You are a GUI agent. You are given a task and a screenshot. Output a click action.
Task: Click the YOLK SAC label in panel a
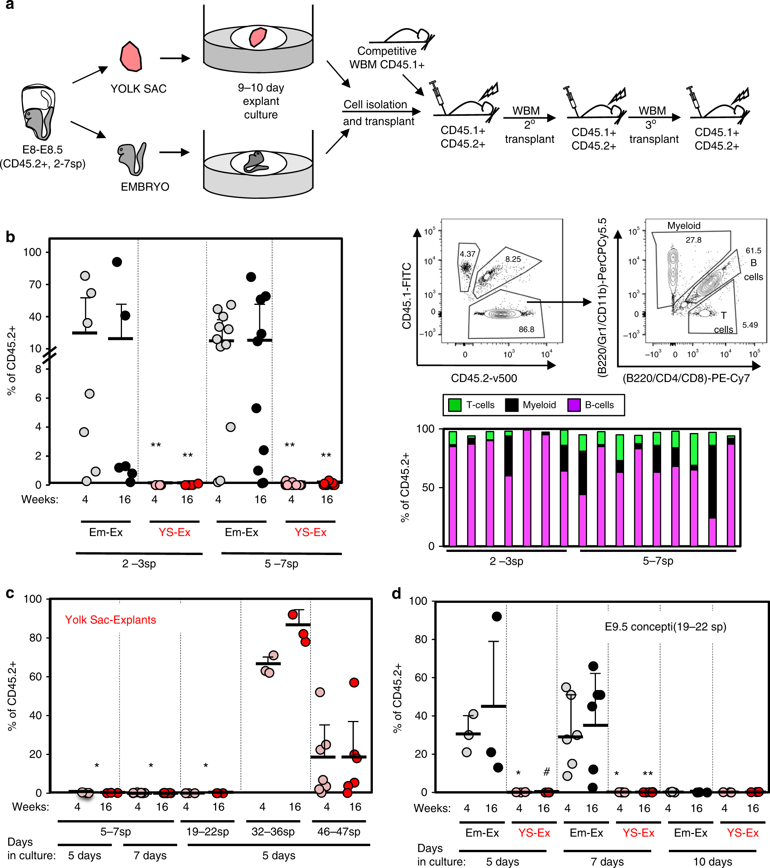tap(139, 89)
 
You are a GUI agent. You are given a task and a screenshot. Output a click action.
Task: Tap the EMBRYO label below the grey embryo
tap(145, 187)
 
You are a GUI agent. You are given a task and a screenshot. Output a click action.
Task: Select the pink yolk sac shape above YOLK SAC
tap(130, 56)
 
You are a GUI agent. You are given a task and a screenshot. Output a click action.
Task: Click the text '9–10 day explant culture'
tap(261, 101)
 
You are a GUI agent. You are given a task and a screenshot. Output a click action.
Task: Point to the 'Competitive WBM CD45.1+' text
tap(387, 58)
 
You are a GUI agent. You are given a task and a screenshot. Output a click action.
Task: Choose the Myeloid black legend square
tap(511, 405)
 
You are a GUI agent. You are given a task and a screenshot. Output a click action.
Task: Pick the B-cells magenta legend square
tap(574, 405)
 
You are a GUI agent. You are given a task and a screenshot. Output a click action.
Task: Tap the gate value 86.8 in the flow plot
tap(526, 329)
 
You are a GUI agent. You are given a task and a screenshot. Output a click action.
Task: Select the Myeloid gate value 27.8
tap(693, 240)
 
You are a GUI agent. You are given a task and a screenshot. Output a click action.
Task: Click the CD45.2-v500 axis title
tap(484, 378)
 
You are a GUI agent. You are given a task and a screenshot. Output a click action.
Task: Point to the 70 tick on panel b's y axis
tap(35, 284)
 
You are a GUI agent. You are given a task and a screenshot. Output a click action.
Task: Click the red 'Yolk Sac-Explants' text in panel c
tap(110, 619)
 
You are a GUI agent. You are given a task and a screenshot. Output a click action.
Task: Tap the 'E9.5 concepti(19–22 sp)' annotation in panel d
tap(665, 627)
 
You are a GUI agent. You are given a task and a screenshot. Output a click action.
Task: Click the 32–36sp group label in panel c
tap(272, 831)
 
